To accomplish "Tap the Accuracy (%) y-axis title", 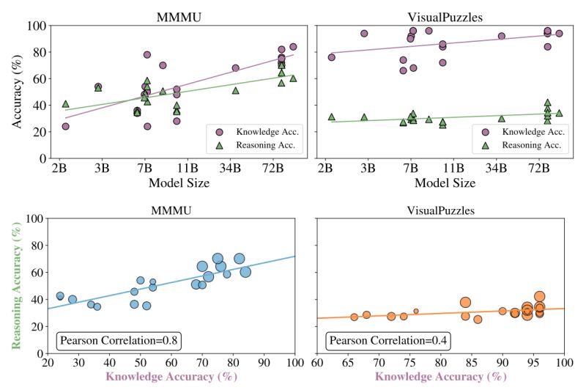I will [x=16, y=92].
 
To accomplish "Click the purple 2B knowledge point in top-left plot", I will [x=65, y=126].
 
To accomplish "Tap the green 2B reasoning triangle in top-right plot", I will [x=332, y=117].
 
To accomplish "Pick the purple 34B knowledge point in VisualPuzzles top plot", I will [x=502, y=36].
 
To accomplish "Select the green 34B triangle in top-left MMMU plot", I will [x=236, y=90].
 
